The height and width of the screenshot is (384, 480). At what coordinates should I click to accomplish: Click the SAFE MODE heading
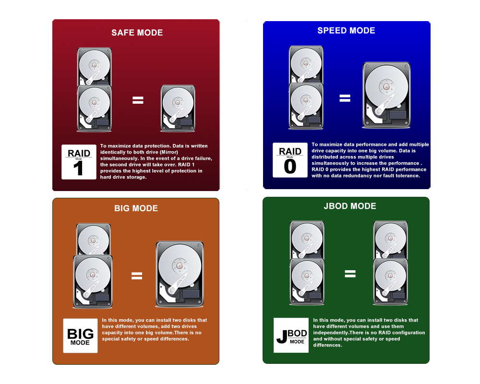coord(137,33)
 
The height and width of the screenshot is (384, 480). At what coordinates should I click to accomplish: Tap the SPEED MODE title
coord(346,30)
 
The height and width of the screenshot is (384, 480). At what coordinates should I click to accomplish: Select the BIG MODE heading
coord(136,208)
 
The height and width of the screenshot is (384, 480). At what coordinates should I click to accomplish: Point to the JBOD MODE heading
coord(350,206)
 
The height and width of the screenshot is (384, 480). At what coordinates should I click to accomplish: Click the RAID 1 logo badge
coord(79,162)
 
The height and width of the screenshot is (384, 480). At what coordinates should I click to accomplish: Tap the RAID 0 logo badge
coord(290,160)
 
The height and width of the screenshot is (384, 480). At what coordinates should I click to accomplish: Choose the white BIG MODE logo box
coord(81,336)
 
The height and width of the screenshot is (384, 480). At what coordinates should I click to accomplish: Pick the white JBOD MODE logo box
coord(291,336)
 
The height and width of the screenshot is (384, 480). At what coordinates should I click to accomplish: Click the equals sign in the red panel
coord(138,100)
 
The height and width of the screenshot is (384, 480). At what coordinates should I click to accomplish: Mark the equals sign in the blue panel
coord(345,98)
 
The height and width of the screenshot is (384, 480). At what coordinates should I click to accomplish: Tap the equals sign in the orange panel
coord(137,276)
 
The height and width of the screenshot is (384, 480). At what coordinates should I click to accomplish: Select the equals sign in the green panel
coord(350,274)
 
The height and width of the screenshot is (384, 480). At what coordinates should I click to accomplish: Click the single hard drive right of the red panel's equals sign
coord(178,108)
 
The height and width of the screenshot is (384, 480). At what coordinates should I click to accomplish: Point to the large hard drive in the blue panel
coord(386,95)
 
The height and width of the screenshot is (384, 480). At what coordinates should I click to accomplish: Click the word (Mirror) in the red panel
coord(169,152)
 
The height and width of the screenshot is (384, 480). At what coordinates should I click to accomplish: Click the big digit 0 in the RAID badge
coord(290,167)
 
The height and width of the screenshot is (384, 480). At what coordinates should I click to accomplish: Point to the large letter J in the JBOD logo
coord(282,336)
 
